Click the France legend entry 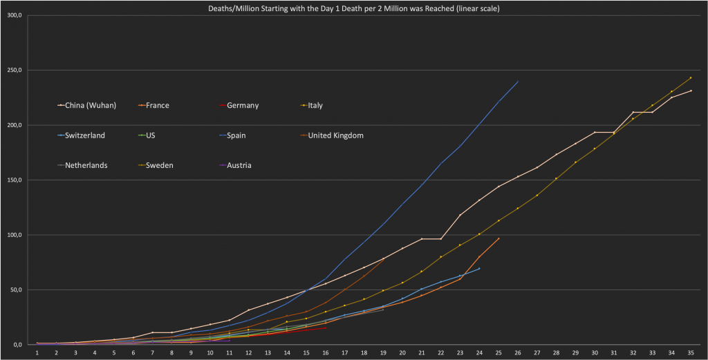157,106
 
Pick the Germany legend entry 242,106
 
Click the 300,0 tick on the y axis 14,15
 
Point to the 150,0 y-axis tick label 14,180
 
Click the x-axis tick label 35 691,352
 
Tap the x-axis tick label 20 402,352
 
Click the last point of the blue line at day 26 518,82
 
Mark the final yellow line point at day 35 691,77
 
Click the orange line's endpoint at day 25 499,238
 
